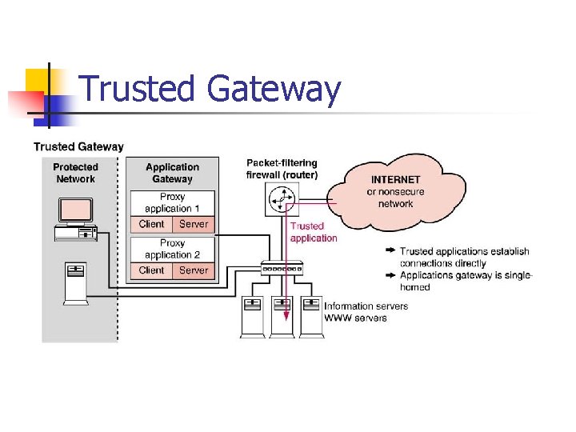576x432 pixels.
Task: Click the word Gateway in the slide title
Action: pos(274,90)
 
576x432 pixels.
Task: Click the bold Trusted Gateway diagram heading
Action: pos(78,146)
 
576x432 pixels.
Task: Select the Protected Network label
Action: pos(76,173)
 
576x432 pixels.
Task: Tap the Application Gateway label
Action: pos(172,173)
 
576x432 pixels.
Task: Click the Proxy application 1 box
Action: pos(172,202)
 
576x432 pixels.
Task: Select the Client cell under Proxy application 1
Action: pos(151,225)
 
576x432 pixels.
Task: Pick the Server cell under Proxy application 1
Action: pos(194,225)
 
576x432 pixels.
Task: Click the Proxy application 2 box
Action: pos(172,249)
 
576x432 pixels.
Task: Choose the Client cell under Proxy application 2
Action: pos(151,270)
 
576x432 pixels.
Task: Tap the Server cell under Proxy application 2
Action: pos(194,270)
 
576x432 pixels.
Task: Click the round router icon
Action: pos(280,198)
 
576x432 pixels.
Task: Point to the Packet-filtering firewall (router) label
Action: pos(282,169)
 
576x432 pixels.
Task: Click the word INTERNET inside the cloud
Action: pos(396,180)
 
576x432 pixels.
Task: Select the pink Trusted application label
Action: pos(313,232)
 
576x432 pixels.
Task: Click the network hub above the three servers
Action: pos(282,268)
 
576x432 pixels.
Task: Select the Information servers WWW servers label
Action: pos(366,312)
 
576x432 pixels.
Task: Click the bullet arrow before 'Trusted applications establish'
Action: pos(390,251)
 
